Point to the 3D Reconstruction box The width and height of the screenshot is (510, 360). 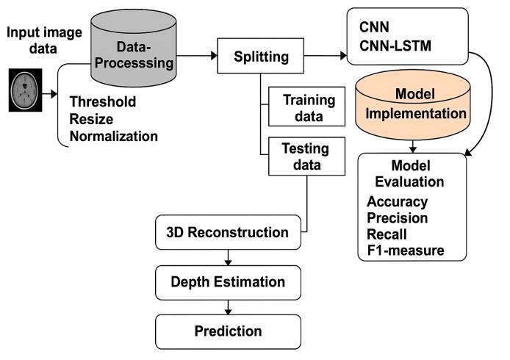[228, 232]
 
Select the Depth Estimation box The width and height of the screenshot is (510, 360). [228, 281]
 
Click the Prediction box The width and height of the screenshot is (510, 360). [228, 330]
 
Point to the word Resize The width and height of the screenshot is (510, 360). [87, 120]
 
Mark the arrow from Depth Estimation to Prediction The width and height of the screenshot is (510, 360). [228, 305]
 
